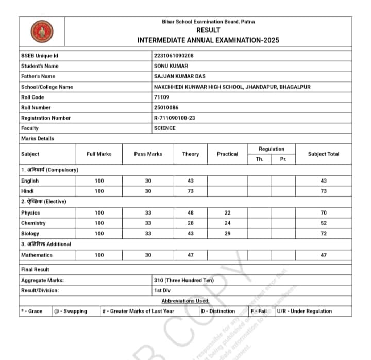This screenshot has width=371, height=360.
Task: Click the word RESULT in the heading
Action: coord(208,30)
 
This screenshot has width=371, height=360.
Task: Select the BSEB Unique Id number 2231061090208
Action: coord(174,56)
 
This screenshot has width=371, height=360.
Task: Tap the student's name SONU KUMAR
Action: coord(171,66)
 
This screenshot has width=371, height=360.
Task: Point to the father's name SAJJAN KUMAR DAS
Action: coord(179,76)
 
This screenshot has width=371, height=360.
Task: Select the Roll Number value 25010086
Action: coord(167,107)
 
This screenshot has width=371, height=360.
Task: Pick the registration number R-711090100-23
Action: coord(175,118)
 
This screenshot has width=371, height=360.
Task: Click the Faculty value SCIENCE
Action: coord(165,128)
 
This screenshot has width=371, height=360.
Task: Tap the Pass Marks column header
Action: coord(148,154)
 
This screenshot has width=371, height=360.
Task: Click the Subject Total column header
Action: coord(324,154)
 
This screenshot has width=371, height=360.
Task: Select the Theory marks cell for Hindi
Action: coord(190,191)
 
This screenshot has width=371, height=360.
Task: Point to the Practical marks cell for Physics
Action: coord(227,212)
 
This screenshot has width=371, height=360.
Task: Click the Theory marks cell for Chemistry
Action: coord(190,223)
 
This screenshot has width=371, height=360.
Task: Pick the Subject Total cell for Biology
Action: coord(324,234)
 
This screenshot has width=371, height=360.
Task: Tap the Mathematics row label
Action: coord(37,255)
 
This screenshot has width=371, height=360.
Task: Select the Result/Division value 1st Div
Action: coord(162,290)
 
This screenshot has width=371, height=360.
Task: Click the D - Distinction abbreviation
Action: coord(218,311)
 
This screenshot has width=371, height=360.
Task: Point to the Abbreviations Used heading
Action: coord(185,301)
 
